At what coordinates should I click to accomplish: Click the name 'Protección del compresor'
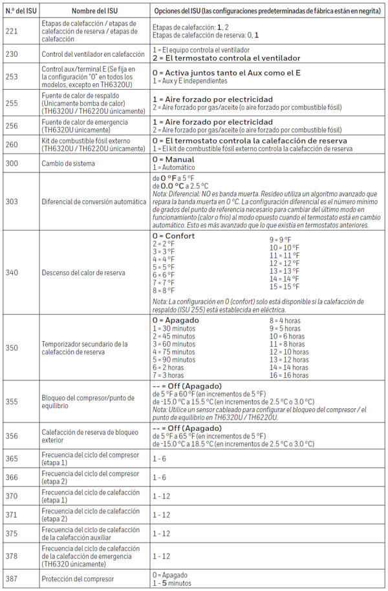(x=78, y=578)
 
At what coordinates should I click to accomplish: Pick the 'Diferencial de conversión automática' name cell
(x=94, y=201)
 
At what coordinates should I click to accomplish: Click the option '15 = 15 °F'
(x=285, y=286)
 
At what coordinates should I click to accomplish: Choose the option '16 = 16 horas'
(x=288, y=375)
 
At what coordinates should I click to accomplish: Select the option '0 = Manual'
(x=173, y=159)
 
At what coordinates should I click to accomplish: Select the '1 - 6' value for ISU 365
(x=160, y=459)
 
